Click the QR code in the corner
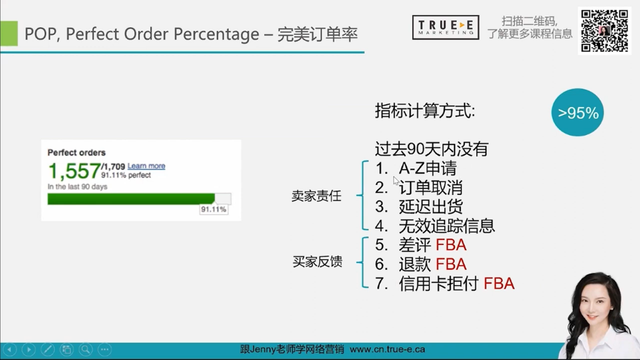[604, 31]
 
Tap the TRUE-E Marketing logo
[445, 27]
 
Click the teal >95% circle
[578, 112]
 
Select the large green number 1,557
[74, 171]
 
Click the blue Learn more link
[146, 166]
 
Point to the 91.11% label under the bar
[213, 210]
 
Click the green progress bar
[131, 199]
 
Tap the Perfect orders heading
[76, 152]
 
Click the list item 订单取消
[431, 187]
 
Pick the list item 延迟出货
[431, 207]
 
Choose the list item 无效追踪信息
[446, 226]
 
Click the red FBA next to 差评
[451, 245]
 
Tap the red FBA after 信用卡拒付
[499, 284]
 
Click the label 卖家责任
[316, 196]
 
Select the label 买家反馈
[317, 262]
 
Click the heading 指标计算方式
[424, 111]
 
